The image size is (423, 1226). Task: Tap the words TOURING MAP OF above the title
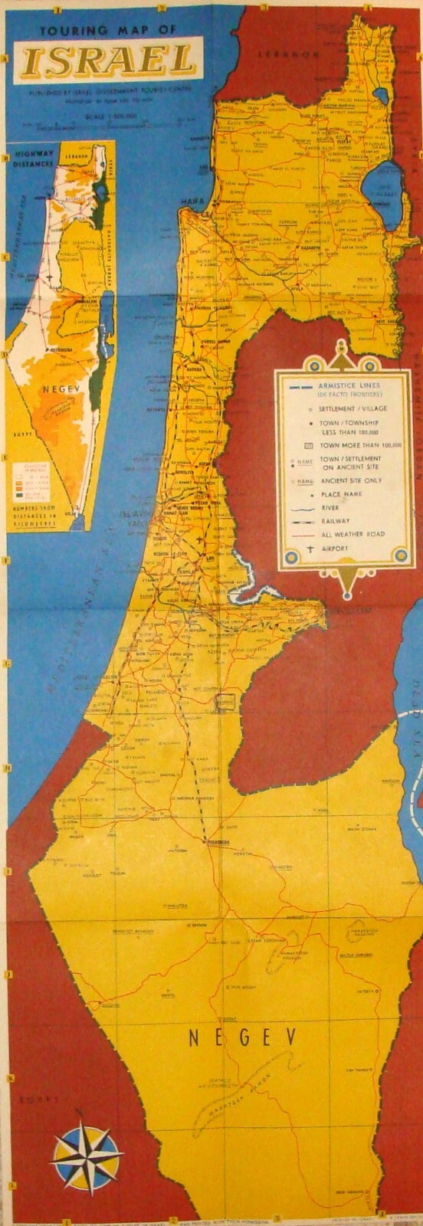click(x=107, y=30)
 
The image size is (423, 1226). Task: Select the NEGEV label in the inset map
click(x=55, y=388)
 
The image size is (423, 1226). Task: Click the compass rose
click(x=87, y=1159)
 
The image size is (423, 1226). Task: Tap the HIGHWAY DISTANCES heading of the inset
click(x=35, y=159)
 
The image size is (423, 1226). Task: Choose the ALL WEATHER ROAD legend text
click(x=353, y=534)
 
